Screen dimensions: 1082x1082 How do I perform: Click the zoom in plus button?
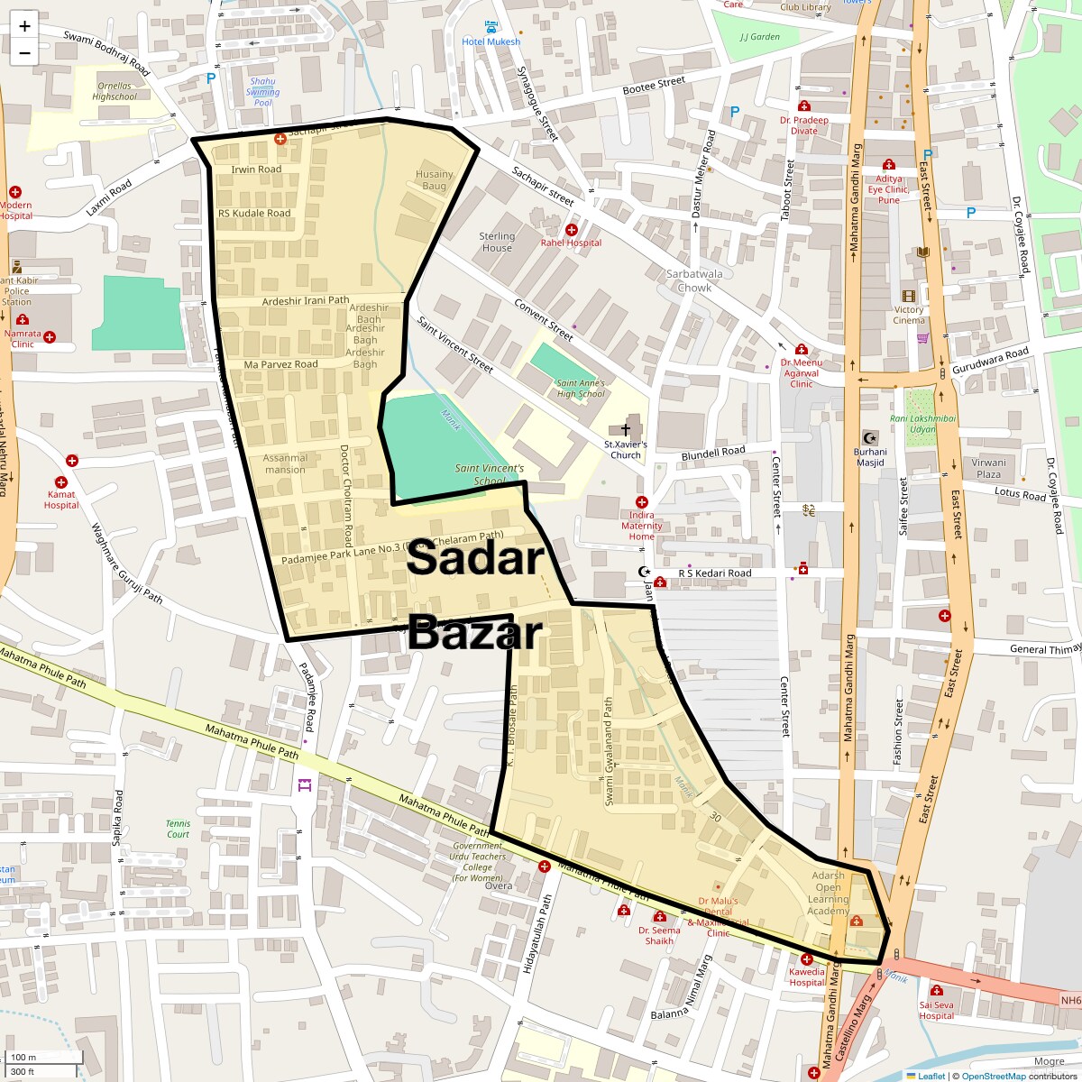click(x=24, y=25)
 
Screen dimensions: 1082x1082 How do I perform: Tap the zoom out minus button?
click(x=24, y=52)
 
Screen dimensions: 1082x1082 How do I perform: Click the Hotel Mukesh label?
click(x=491, y=41)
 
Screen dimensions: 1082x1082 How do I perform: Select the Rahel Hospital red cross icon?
click(x=572, y=230)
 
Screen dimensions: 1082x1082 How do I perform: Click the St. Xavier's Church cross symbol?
click(x=626, y=429)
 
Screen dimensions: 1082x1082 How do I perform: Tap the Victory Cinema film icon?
click(x=908, y=296)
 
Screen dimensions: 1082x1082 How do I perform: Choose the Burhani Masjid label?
click(x=870, y=457)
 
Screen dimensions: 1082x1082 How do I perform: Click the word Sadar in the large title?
click(x=475, y=559)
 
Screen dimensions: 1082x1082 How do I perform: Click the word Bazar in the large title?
click(x=474, y=633)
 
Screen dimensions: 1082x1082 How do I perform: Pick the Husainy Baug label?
click(x=434, y=179)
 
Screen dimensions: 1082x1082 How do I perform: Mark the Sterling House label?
click(x=497, y=242)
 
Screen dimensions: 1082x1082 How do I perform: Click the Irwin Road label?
click(x=256, y=170)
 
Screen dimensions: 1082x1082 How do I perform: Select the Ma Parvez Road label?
click(x=280, y=364)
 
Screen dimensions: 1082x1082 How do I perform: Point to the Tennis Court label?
click(x=178, y=829)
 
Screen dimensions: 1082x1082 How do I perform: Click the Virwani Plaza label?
click(x=988, y=468)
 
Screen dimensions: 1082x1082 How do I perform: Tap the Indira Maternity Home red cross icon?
click(x=641, y=502)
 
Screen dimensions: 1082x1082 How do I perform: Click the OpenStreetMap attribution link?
click(x=993, y=1076)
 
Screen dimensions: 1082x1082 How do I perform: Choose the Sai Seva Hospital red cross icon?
click(x=936, y=991)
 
